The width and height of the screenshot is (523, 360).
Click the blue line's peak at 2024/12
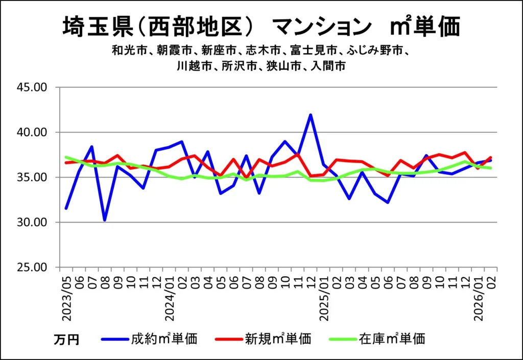point(311,115)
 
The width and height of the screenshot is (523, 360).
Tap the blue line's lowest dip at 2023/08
point(105,220)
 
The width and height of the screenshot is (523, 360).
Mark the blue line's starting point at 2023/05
point(66,208)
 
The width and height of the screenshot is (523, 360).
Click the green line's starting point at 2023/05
point(66,157)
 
